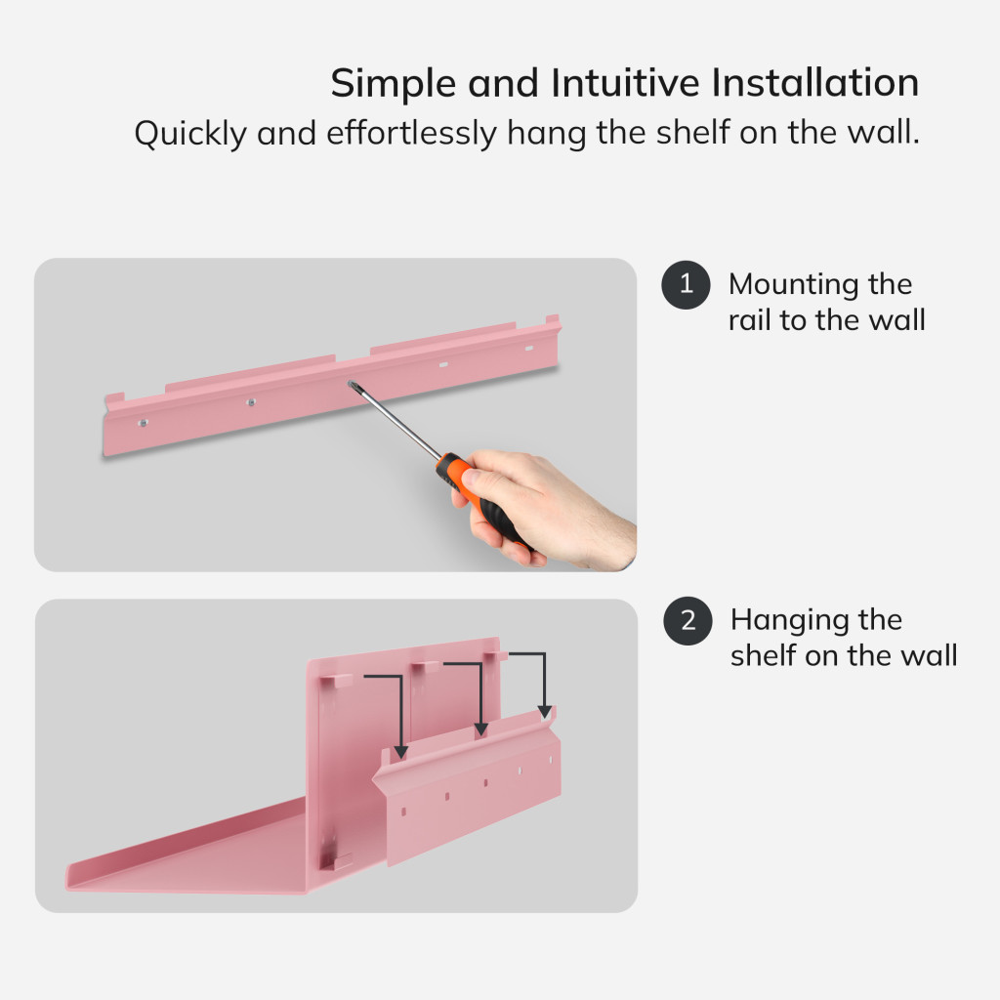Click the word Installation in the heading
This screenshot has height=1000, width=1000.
point(815,83)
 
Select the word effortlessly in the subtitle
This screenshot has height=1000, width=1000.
point(411,133)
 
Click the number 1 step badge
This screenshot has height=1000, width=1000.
point(686,285)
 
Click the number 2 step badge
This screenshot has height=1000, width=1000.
point(687,620)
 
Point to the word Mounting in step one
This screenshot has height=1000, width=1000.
point(793,285)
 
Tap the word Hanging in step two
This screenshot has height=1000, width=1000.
point(789,620)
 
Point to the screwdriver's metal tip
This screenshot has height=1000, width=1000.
point(352,385)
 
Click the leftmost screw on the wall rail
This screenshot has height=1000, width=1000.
point(144,422)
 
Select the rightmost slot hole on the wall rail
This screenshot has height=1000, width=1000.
point(528,349)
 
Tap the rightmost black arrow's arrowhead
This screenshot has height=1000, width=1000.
point(545,711)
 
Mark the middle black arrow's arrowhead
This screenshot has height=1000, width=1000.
point(481,729)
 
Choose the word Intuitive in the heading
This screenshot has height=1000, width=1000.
point(625,83)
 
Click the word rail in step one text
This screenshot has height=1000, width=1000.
point(749,320)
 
